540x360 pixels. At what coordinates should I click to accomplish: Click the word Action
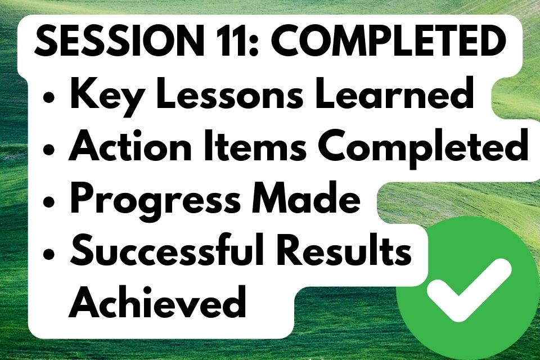130,146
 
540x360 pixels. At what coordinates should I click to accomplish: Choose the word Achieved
157,301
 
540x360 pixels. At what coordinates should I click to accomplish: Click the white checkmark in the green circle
469,289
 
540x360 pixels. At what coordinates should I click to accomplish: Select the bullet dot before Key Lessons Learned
49,97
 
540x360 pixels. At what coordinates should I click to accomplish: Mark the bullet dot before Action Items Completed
49,150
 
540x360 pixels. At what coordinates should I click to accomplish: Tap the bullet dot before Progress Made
49,202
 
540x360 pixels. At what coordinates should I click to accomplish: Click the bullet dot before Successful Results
49,254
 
